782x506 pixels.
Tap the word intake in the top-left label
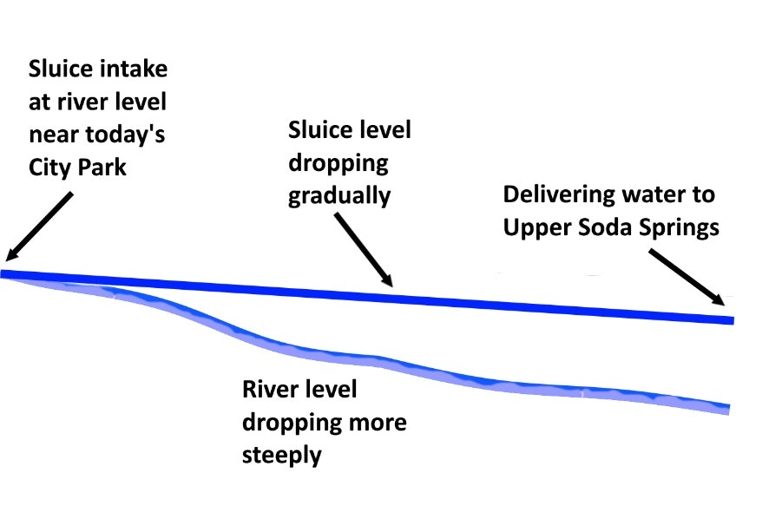[x=135, y=69]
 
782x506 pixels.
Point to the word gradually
[x=338, y=195]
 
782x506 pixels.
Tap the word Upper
[x=534, y=227]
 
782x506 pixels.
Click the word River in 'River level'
[x=270, y=390]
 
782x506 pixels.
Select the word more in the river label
[x=378, y=423]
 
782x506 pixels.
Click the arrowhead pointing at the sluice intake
[x=11, y=253]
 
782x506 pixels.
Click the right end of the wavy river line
[x=726, y=408]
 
